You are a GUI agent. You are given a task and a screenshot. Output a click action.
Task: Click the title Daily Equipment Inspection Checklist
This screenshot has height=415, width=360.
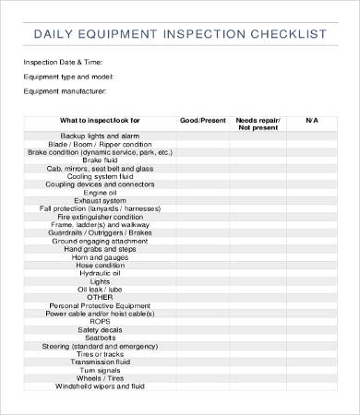180,35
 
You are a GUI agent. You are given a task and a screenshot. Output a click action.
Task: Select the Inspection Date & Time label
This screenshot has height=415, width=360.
61,63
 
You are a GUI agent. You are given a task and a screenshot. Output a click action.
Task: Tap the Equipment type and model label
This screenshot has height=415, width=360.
67,77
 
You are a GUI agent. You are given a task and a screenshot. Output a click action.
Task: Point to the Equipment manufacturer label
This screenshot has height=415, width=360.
65,91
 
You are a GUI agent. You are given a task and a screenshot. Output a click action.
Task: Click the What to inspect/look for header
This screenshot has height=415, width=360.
100,120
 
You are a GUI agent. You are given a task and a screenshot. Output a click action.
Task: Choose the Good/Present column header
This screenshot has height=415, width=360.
201,120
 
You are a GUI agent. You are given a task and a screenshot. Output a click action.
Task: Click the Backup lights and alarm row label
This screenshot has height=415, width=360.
100,136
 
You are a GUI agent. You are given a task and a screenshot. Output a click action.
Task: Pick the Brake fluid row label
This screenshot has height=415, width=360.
100,160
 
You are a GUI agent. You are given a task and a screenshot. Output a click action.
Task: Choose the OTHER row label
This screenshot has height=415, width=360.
100,296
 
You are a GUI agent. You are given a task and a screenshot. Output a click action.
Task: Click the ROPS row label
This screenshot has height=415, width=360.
100,321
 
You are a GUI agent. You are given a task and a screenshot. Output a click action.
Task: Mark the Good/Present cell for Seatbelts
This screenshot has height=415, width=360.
201,338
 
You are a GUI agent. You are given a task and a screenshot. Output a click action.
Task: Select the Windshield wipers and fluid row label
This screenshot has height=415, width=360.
100,386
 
